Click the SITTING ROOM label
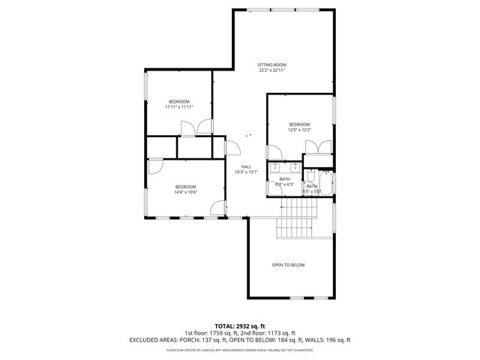[273, 65]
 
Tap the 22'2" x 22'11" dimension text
[273, 71]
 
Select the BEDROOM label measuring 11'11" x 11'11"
[178, 101]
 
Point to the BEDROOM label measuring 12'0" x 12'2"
[300, 124]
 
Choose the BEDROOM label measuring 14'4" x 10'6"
[185, 187]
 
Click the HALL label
[246, 166]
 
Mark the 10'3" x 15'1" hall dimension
[246, 172]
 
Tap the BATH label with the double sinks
[284, 179]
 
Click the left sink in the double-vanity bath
[274, 166]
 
